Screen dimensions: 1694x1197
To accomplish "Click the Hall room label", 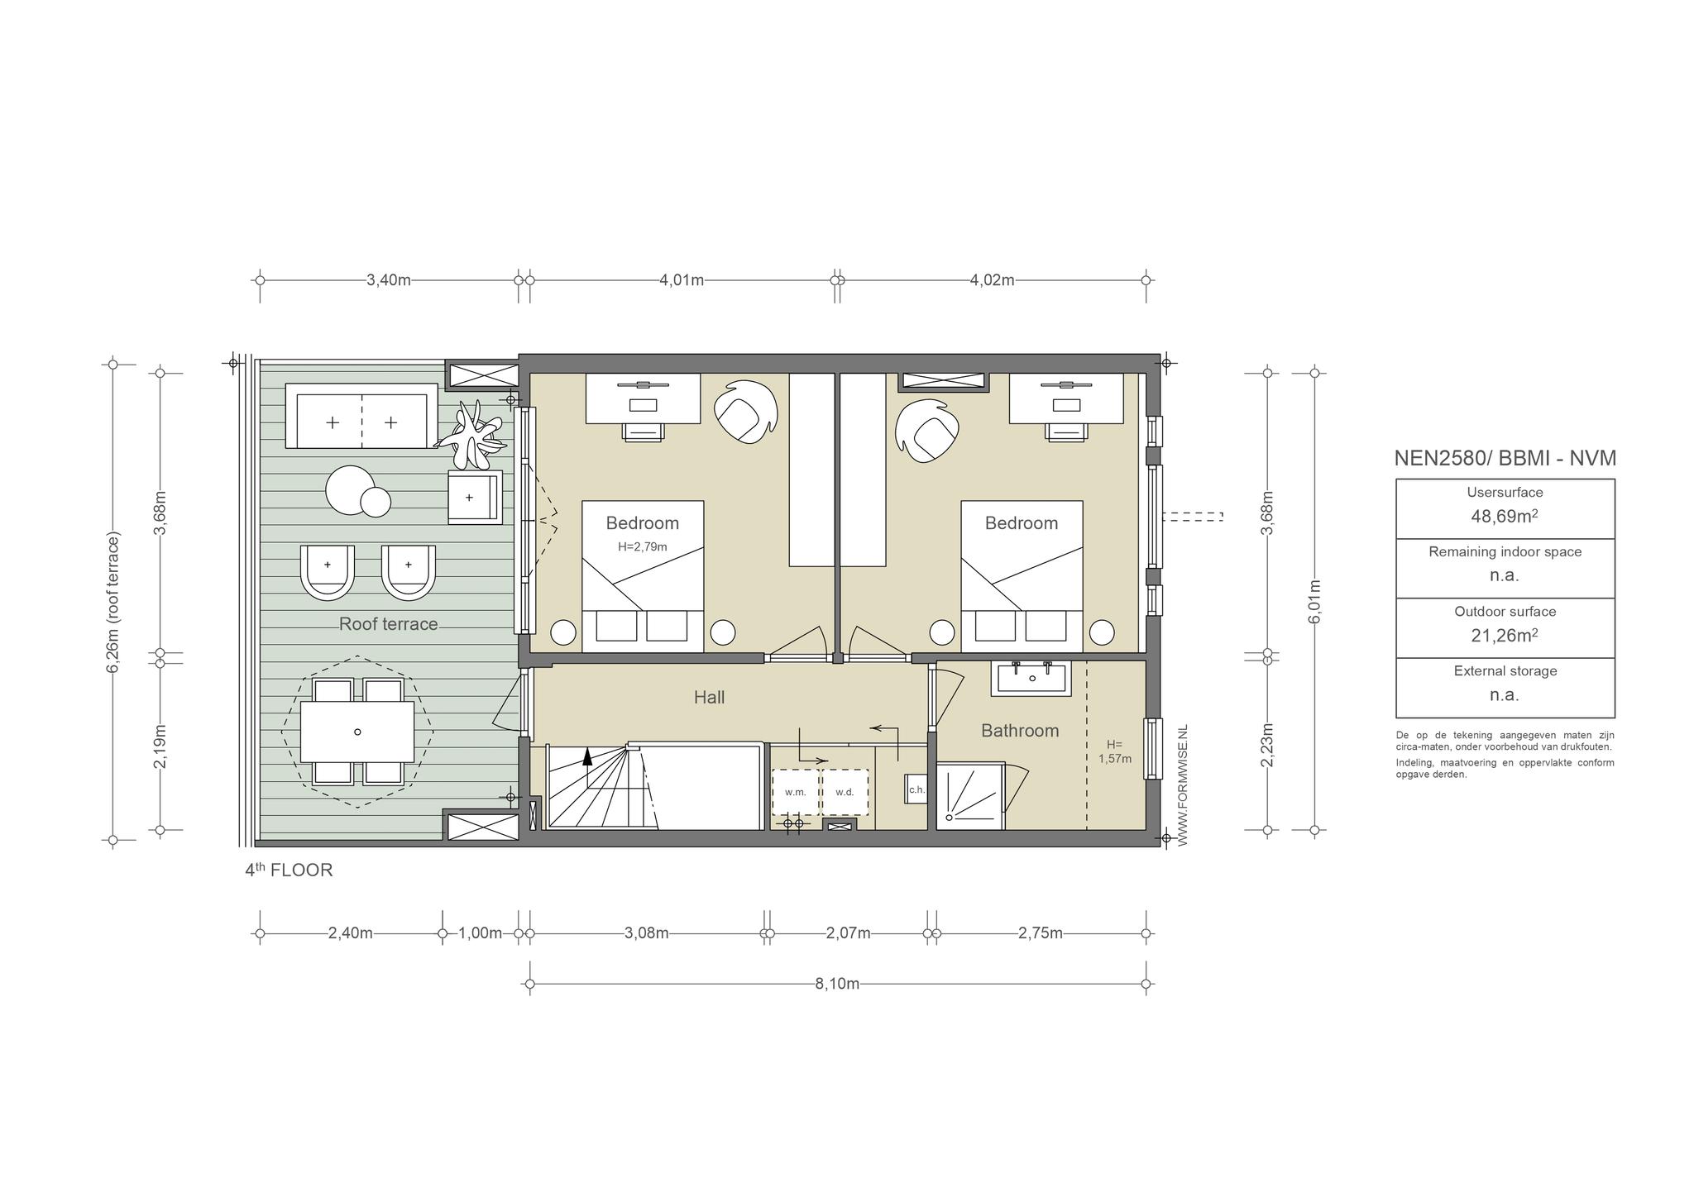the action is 709,698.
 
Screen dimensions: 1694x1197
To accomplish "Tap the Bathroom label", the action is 1020,731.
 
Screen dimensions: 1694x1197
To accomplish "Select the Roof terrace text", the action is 388,624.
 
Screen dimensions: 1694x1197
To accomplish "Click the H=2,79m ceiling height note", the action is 643,546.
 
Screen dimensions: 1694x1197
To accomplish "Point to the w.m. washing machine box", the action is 795,792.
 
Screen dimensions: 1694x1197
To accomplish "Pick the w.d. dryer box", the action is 845,792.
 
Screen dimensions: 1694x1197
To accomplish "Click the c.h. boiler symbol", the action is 916,789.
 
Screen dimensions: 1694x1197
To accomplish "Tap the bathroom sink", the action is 1031,678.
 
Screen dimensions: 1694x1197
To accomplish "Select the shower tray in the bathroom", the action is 969,794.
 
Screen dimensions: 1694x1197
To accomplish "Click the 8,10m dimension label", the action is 837,984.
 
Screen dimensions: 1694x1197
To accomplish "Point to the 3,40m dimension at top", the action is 389,279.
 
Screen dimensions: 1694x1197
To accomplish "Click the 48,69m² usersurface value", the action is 1505,517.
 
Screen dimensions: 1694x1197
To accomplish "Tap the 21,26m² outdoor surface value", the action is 1505,636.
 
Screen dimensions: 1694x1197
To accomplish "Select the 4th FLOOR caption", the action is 289,870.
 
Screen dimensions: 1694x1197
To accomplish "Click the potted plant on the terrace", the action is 472,435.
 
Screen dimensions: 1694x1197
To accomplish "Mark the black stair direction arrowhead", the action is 587,755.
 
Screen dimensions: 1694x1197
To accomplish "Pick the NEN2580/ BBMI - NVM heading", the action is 1505,458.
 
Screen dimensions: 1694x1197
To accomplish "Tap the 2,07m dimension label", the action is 849,933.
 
